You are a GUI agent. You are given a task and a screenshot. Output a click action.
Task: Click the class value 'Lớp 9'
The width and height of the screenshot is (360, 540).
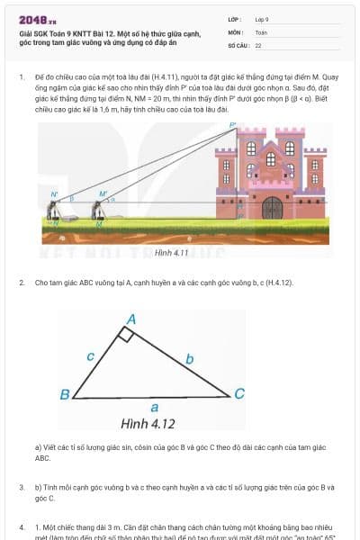(262, 19)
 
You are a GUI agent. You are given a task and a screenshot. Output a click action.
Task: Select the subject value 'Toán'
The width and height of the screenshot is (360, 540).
(261, 31)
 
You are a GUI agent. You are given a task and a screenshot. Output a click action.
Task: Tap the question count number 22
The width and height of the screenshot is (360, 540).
(258, 44)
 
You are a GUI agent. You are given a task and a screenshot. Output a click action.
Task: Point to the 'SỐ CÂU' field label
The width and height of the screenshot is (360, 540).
(237, 44)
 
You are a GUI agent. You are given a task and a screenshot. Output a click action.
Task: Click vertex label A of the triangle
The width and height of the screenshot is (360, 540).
(131, 319)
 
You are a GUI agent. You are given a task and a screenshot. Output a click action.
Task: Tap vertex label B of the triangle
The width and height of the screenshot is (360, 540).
(65, 395)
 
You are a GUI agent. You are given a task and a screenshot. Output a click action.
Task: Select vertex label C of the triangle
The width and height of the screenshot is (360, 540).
(238, 393)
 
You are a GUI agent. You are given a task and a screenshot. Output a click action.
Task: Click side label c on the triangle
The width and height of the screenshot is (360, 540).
(91, 356)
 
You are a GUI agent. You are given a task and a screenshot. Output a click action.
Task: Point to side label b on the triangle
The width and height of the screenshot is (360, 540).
(189, 359)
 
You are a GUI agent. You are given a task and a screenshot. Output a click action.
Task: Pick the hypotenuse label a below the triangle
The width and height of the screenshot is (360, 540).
(155, 408)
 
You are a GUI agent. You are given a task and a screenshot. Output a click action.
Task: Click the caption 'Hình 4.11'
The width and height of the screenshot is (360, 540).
(170, 253)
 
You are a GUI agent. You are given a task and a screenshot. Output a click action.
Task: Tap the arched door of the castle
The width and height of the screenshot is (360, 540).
(273, 208)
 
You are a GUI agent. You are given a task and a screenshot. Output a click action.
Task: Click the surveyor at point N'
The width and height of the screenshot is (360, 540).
(55, 211)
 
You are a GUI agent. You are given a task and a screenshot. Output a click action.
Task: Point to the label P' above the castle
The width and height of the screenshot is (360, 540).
(232, 126)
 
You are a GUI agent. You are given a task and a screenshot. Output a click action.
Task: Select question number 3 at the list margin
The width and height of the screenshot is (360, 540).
(22, 487)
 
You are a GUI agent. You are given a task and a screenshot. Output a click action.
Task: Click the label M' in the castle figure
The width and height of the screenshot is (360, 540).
(103, 193)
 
